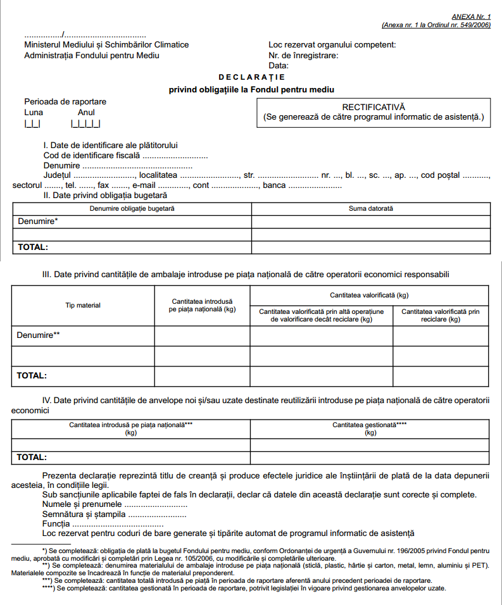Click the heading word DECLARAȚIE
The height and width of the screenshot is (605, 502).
pos(251,77)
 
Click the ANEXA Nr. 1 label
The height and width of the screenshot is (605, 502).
pos(471,17)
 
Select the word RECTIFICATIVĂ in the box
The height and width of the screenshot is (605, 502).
pos(373,108)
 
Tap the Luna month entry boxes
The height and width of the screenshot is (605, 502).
pos(32,124)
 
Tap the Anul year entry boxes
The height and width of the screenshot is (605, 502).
pos(85,124)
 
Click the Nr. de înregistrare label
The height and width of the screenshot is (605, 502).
pos(303,55)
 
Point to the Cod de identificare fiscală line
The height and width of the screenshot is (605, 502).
pos(125,155)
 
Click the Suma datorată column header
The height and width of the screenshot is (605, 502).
pos(370,208)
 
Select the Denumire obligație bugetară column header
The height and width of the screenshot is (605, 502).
pos(132,208)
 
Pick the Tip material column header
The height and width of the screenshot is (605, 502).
pos(83,306)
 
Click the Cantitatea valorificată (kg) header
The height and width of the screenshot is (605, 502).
pos(369,296)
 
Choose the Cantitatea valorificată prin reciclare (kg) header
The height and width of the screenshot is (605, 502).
pos(441,315)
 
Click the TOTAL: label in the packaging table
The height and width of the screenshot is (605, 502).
pos(32,375)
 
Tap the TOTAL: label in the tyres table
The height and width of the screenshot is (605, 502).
pos(32,457)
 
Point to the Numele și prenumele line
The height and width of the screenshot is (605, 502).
pos(115,504)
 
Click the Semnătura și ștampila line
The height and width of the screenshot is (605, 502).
pos(114,515)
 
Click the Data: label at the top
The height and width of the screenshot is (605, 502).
pos(279,65)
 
